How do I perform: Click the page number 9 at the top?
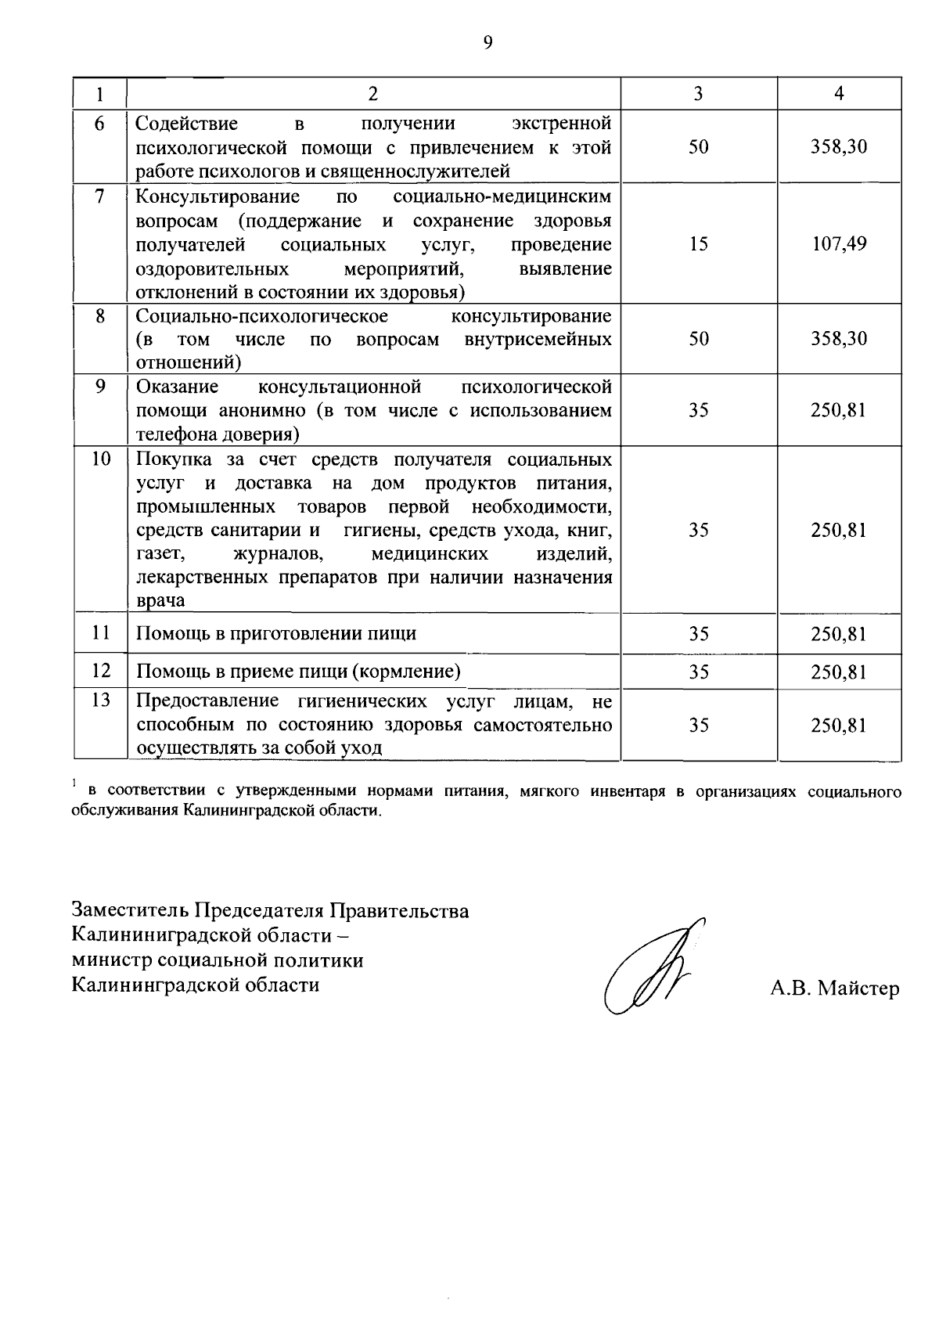(x=487, y=44)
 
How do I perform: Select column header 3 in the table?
(x=698, y=94)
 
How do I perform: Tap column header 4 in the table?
(x=839, y=94)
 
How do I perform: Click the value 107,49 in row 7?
(x=839, y=244)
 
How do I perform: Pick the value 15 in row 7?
(x=698, y=244)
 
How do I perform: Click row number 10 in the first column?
(x=101, y=459)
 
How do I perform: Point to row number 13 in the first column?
(x=101, y=701)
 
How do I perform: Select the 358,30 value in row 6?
(x=839, y=147)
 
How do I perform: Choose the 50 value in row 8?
(x=698, y=339)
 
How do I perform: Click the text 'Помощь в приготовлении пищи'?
(x=276, y=634)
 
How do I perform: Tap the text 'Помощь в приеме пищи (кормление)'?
(x=298, y=672)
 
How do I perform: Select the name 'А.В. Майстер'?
(x=834, y=989)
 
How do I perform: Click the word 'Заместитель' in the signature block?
(x=130, y=911)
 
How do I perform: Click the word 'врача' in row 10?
(x=161, y=601)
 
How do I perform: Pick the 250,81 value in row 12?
(x=839, y=672)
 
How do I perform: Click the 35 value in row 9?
(x=698, y=411)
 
